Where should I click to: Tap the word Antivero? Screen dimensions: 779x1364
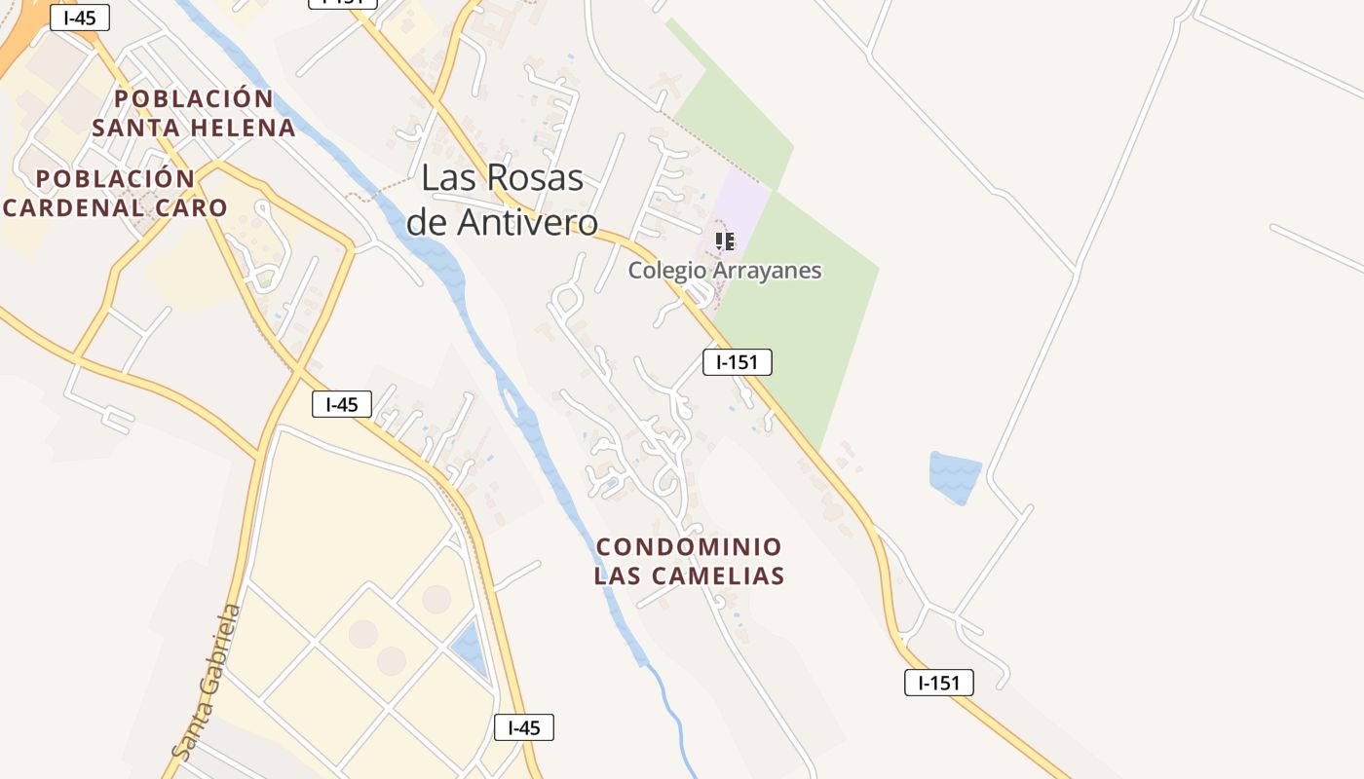pyautogui.click(x=527, y=223)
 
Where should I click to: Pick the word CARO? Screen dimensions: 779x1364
pyautogui.click(x=194, y=207)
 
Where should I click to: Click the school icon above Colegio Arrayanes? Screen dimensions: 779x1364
pyautogui.click(x=724, y=241)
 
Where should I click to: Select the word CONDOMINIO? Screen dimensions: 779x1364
pyautogui.click(x=689, y=547)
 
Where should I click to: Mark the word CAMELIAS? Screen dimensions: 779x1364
pyautogui.click(x=723, y=576)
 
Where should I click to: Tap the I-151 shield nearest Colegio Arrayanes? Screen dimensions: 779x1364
pyautogui.click(x=737, y=362)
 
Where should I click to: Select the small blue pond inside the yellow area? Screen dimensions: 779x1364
pyautogui.click(x=469, y=648)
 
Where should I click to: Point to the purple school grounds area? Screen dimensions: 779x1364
pyautogui.click(x=740, y=209)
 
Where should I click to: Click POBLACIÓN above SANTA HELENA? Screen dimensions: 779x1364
pyautogui.click(x=194, y=99)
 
